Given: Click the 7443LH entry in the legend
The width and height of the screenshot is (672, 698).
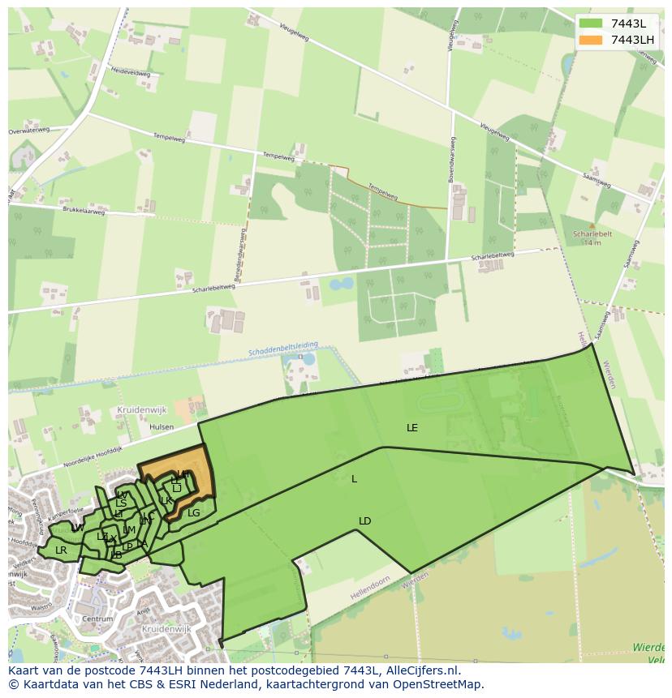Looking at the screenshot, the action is (x=632, y=40).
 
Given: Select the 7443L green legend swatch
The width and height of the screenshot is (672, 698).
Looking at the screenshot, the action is (x=591, y=24).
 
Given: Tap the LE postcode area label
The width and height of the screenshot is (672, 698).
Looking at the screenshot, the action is (x=412, y=427).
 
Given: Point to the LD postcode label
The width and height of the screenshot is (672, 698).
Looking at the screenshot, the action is (x=365, y=520).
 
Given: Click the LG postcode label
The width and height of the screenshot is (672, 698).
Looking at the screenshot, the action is (x=193, y=512).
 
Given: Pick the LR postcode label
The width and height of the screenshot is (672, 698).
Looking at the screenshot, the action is (x=61, y=550).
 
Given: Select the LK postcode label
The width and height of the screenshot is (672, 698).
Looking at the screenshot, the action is (x=166, y=500).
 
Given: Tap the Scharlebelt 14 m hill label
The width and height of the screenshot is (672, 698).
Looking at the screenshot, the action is (x=592, y=238).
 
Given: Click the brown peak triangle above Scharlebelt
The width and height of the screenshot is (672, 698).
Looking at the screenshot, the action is (x=592, y=226).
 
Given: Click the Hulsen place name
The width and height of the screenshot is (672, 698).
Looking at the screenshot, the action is (x=162, y=425).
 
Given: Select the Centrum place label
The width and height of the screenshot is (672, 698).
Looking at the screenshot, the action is (x=97, y=619).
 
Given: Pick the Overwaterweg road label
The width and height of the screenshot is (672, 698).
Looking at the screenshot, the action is (x=35, y=130).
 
